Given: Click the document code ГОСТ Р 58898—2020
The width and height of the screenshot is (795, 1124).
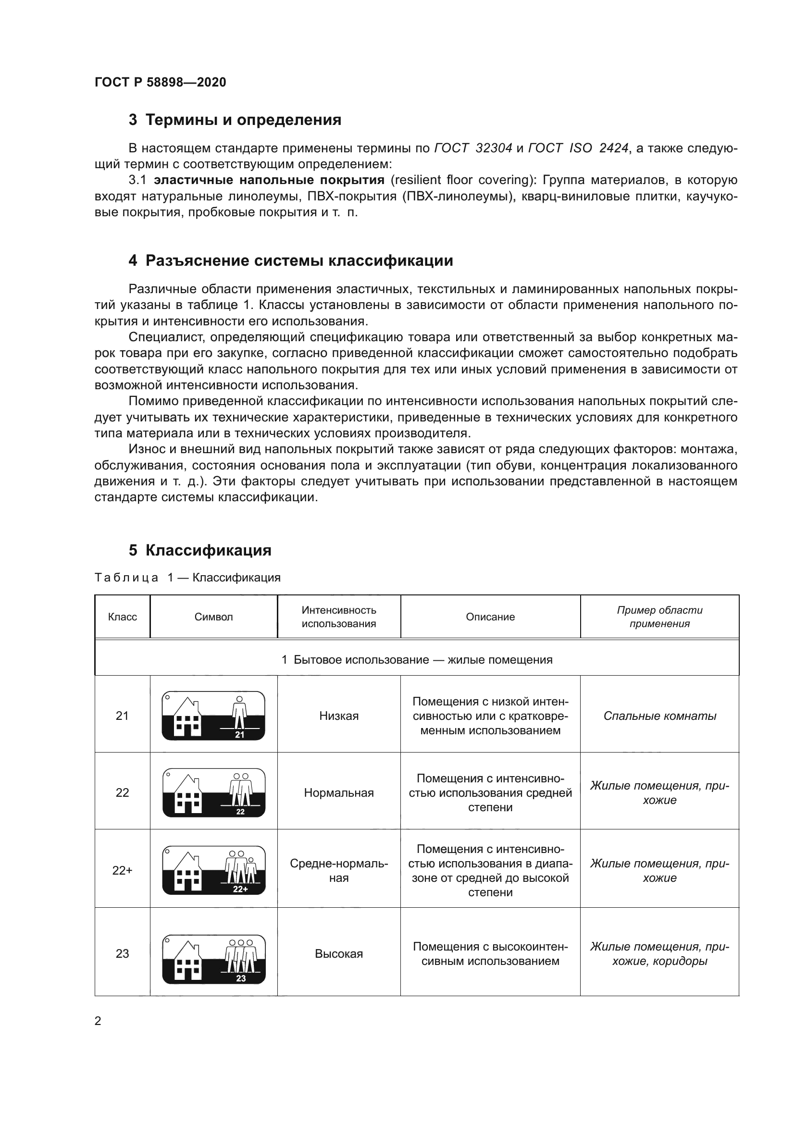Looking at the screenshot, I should pos(160,82).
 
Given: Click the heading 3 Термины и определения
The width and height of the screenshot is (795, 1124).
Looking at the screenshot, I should pos(235,120).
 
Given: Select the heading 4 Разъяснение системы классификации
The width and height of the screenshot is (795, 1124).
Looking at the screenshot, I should pos(291,260).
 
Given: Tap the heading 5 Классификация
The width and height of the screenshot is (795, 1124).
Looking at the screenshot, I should pos(200,550).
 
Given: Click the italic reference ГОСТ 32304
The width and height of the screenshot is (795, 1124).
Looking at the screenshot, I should pos(473,148).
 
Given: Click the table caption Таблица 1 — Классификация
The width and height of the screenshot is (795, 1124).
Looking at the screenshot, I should pos(187,578).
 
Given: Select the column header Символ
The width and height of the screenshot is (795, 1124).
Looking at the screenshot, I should pos(213,617).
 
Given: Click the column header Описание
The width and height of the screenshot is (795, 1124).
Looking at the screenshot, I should pos(490,617).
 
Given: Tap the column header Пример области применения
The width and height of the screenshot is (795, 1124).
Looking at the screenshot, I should pos(659,617).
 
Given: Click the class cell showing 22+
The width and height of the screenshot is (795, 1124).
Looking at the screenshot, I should pos(123,870).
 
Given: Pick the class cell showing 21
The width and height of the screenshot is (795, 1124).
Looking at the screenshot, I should pos(123,716).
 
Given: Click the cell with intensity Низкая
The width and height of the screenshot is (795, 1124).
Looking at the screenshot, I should pos(339,716).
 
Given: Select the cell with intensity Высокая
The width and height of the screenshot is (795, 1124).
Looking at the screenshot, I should pos(339,953).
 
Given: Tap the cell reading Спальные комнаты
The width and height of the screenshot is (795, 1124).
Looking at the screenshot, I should pos(659,716).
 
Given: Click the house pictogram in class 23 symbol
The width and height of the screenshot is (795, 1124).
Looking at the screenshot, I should pos(188,959).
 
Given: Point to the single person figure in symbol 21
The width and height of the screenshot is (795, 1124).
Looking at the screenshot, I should pos(239,712).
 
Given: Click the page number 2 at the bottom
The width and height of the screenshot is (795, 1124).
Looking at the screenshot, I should pos(98,1021).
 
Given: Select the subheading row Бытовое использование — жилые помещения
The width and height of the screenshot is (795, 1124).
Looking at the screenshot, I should pos(417,660).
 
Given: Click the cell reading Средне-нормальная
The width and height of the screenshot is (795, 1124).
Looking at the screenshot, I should pos(339,870).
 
